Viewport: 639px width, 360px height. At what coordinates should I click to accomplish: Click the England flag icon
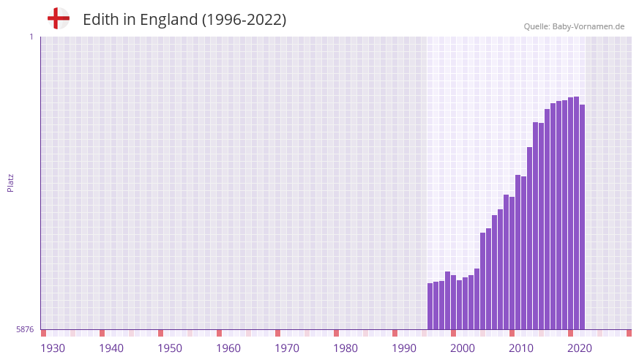point(59,18)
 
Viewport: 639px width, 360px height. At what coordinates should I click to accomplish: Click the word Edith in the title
point(100,20)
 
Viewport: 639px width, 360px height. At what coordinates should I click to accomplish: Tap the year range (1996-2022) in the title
point(244,20)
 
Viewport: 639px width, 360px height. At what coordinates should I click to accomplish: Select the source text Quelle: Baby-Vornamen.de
point(574,26)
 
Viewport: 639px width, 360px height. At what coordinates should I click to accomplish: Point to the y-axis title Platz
point(10,183)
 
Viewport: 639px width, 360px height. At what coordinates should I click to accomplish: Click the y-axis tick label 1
point(31,37)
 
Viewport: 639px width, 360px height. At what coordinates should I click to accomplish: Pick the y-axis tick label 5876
point(25,330)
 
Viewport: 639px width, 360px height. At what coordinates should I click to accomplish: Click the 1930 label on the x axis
point(53,348)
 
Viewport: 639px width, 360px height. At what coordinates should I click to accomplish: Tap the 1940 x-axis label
point(111,348)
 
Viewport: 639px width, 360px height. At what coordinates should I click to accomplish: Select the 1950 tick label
point(170,348)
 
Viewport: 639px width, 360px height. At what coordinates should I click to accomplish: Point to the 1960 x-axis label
point(228,348)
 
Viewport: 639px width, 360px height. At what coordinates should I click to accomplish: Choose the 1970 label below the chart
point(287,348)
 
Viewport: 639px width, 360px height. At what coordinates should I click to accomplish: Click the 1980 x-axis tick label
point(345,348)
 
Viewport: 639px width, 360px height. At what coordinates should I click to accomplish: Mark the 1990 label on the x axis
point(404,348)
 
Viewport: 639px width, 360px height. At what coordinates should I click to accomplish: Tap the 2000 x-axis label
point(463,348)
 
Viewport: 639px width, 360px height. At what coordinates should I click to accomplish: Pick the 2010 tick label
point(521,348)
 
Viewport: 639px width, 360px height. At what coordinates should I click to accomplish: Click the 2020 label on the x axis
point(580,348)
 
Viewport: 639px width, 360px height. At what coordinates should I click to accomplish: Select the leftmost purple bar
point(430,307)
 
